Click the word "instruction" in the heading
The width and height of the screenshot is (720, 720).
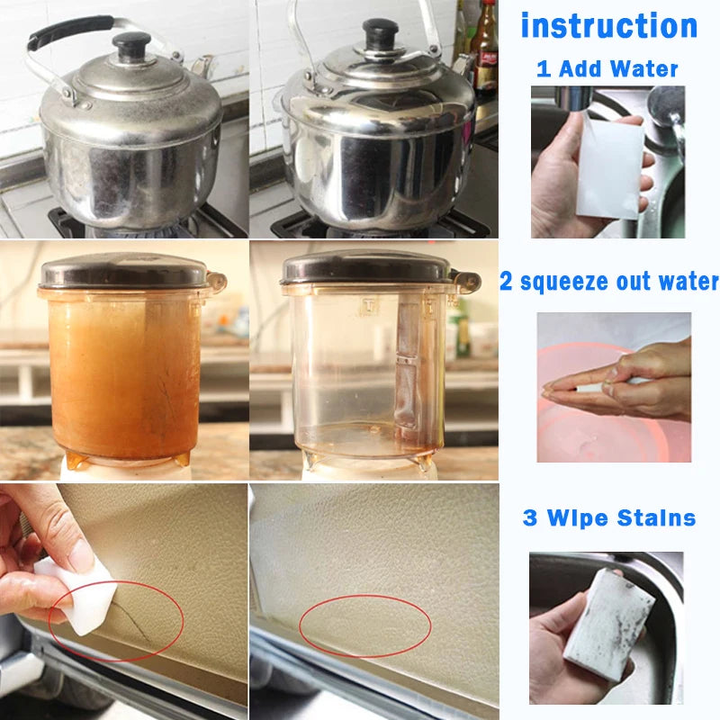click(609, 25)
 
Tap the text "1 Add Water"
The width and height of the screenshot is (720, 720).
click(607, 68)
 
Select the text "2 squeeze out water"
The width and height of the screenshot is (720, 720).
click(609, 282)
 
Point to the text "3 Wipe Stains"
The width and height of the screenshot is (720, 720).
click(609, 518)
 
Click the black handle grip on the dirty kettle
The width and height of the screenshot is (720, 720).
click(63, 31)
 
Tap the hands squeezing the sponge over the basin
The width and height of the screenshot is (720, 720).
click(630, 378)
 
